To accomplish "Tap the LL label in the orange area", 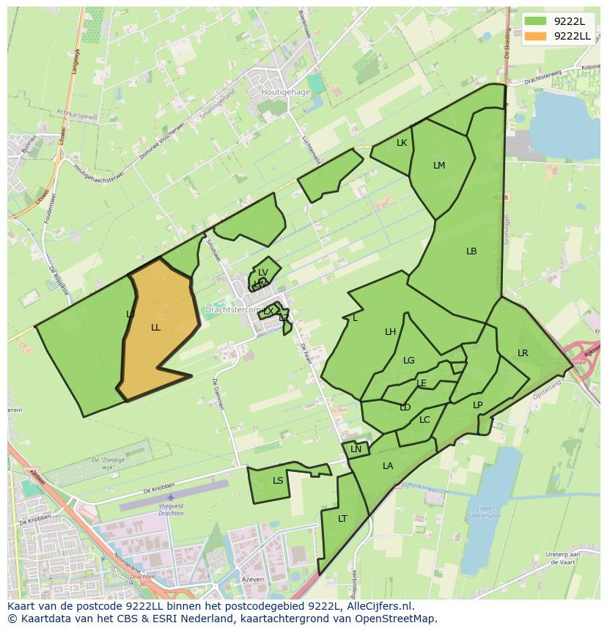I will (155, 328).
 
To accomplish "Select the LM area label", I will (439, 166).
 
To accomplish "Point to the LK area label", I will (402, 143).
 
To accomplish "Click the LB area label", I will (471, 251).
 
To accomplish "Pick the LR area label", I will (523, 353).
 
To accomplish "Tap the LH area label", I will (391, 332).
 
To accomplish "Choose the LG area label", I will (409, 361).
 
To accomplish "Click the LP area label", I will (478, 405).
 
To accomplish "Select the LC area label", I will (424, 420).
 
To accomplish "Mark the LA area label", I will (388, 466).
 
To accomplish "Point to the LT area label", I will (342, 519).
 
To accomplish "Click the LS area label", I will (278, 481).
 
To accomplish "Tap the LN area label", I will (356, 449).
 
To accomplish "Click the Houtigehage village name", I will (286, 93).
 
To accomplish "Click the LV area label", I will (263, 273).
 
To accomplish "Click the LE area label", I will (422, 383).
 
